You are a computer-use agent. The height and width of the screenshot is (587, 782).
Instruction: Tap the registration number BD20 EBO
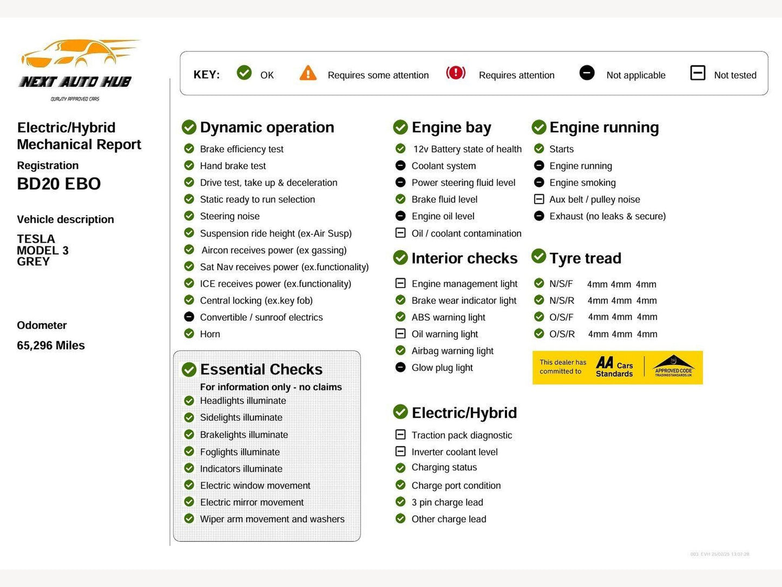coord(58,184)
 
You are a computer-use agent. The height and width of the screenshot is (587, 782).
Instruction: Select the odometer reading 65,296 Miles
coord(51,345)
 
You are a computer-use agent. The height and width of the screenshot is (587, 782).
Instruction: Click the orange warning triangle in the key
coord(308,73)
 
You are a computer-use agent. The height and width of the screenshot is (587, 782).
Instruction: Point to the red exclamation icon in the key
coord(456,73)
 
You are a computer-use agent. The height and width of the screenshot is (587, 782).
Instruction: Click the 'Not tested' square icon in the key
coord(698,73)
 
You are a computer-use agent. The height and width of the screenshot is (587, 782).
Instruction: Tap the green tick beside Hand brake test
coord(189,166)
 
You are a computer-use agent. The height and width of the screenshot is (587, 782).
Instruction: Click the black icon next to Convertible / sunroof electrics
coord(189,317)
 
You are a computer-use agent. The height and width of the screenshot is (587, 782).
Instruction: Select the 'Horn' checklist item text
coord(210,334)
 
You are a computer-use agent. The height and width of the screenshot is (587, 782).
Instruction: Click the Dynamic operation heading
coord(267,127)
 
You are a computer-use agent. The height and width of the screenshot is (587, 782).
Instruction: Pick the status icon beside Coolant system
coord(400,166)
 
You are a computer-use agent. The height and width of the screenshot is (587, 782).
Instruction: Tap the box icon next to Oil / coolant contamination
coord(400,233)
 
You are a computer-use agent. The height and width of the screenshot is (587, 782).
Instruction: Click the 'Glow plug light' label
coord(442,368)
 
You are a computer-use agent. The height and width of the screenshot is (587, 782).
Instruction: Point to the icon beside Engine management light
coord(400,283)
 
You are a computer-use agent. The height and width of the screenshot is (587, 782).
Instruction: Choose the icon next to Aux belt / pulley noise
coord(539,199)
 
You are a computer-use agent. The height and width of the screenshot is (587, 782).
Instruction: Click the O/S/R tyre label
coord(562,334)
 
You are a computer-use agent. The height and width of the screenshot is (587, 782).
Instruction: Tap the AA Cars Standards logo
coord(614,367)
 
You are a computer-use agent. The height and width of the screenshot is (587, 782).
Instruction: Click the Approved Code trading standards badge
coord(673,367)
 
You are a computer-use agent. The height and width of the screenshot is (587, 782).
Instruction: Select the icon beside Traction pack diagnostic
coord(400,435)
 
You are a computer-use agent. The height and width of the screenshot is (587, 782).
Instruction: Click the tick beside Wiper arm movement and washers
coord(189,519)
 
